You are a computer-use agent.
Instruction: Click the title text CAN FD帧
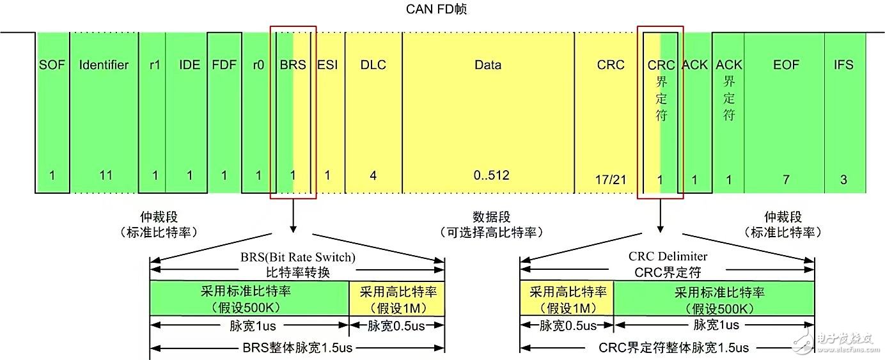[437, 9]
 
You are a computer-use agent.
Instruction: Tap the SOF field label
[52, 65]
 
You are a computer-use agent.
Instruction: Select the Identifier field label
[104, 65]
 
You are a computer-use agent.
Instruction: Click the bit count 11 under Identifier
[106, 175]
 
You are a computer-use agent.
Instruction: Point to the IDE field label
[190, 65]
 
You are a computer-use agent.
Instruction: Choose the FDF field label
[224, 65]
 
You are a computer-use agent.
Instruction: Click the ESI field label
[327, 65]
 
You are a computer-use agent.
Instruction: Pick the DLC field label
[373, 65]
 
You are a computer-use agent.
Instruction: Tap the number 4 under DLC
[373, 175]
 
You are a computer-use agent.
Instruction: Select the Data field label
[488, 65]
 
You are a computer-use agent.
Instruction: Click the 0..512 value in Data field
[492, 175]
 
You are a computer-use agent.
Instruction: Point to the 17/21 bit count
[611, 180]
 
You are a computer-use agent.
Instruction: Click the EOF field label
[786, 65]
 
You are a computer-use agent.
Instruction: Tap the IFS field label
[843, 65]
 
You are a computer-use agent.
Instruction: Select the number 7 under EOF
[787, 180]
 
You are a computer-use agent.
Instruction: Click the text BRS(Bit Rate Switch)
[298, 257]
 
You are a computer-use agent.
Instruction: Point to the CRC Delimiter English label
[668, 256]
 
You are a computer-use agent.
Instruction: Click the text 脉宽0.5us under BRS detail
[396, 326]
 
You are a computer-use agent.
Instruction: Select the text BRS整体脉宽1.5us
[297, 348]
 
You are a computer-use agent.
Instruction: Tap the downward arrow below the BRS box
[293, 215]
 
